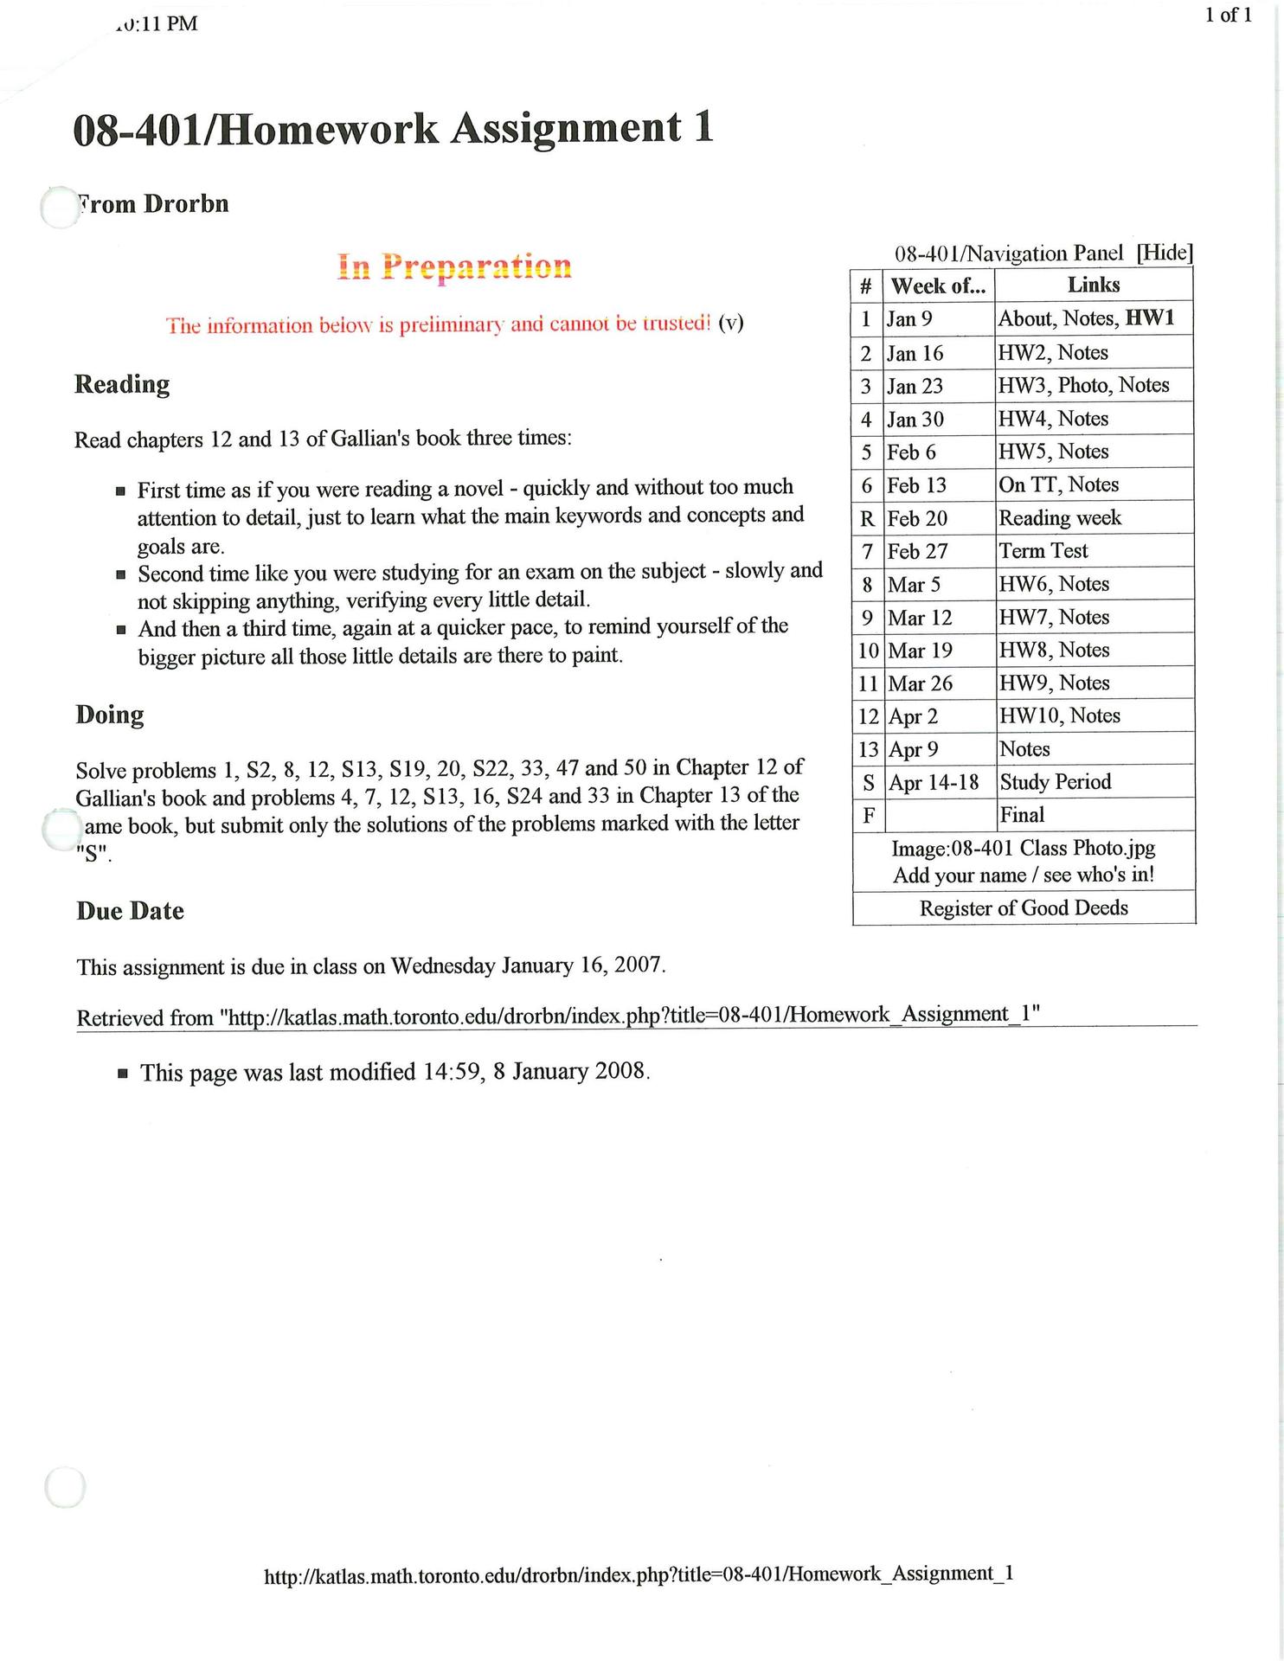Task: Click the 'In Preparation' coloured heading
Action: tap(454, 266)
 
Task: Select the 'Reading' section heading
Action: tap(122, 384)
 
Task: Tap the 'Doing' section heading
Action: tap(110, 715)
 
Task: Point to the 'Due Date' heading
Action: tap(130, 911)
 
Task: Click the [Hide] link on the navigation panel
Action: tap(1165, 253)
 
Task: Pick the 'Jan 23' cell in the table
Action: tap(915, 386)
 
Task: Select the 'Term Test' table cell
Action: tap(1043, 551)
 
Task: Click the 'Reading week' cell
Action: tap(1060, 518)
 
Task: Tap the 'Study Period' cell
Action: tap(1055, 782)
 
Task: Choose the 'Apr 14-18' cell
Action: tap(934, 783)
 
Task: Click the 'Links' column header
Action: tap(1094, 285)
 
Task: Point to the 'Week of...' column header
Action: tap(938, 285)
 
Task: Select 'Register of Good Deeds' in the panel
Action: tap(1024, 908)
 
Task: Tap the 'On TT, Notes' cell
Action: tap(1058, 485)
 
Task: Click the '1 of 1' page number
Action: tap(1228, 16)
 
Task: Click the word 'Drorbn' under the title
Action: tap(186, 204)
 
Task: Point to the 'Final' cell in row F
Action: tap(1022, 815)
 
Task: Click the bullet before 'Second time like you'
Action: tap(121, 574)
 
